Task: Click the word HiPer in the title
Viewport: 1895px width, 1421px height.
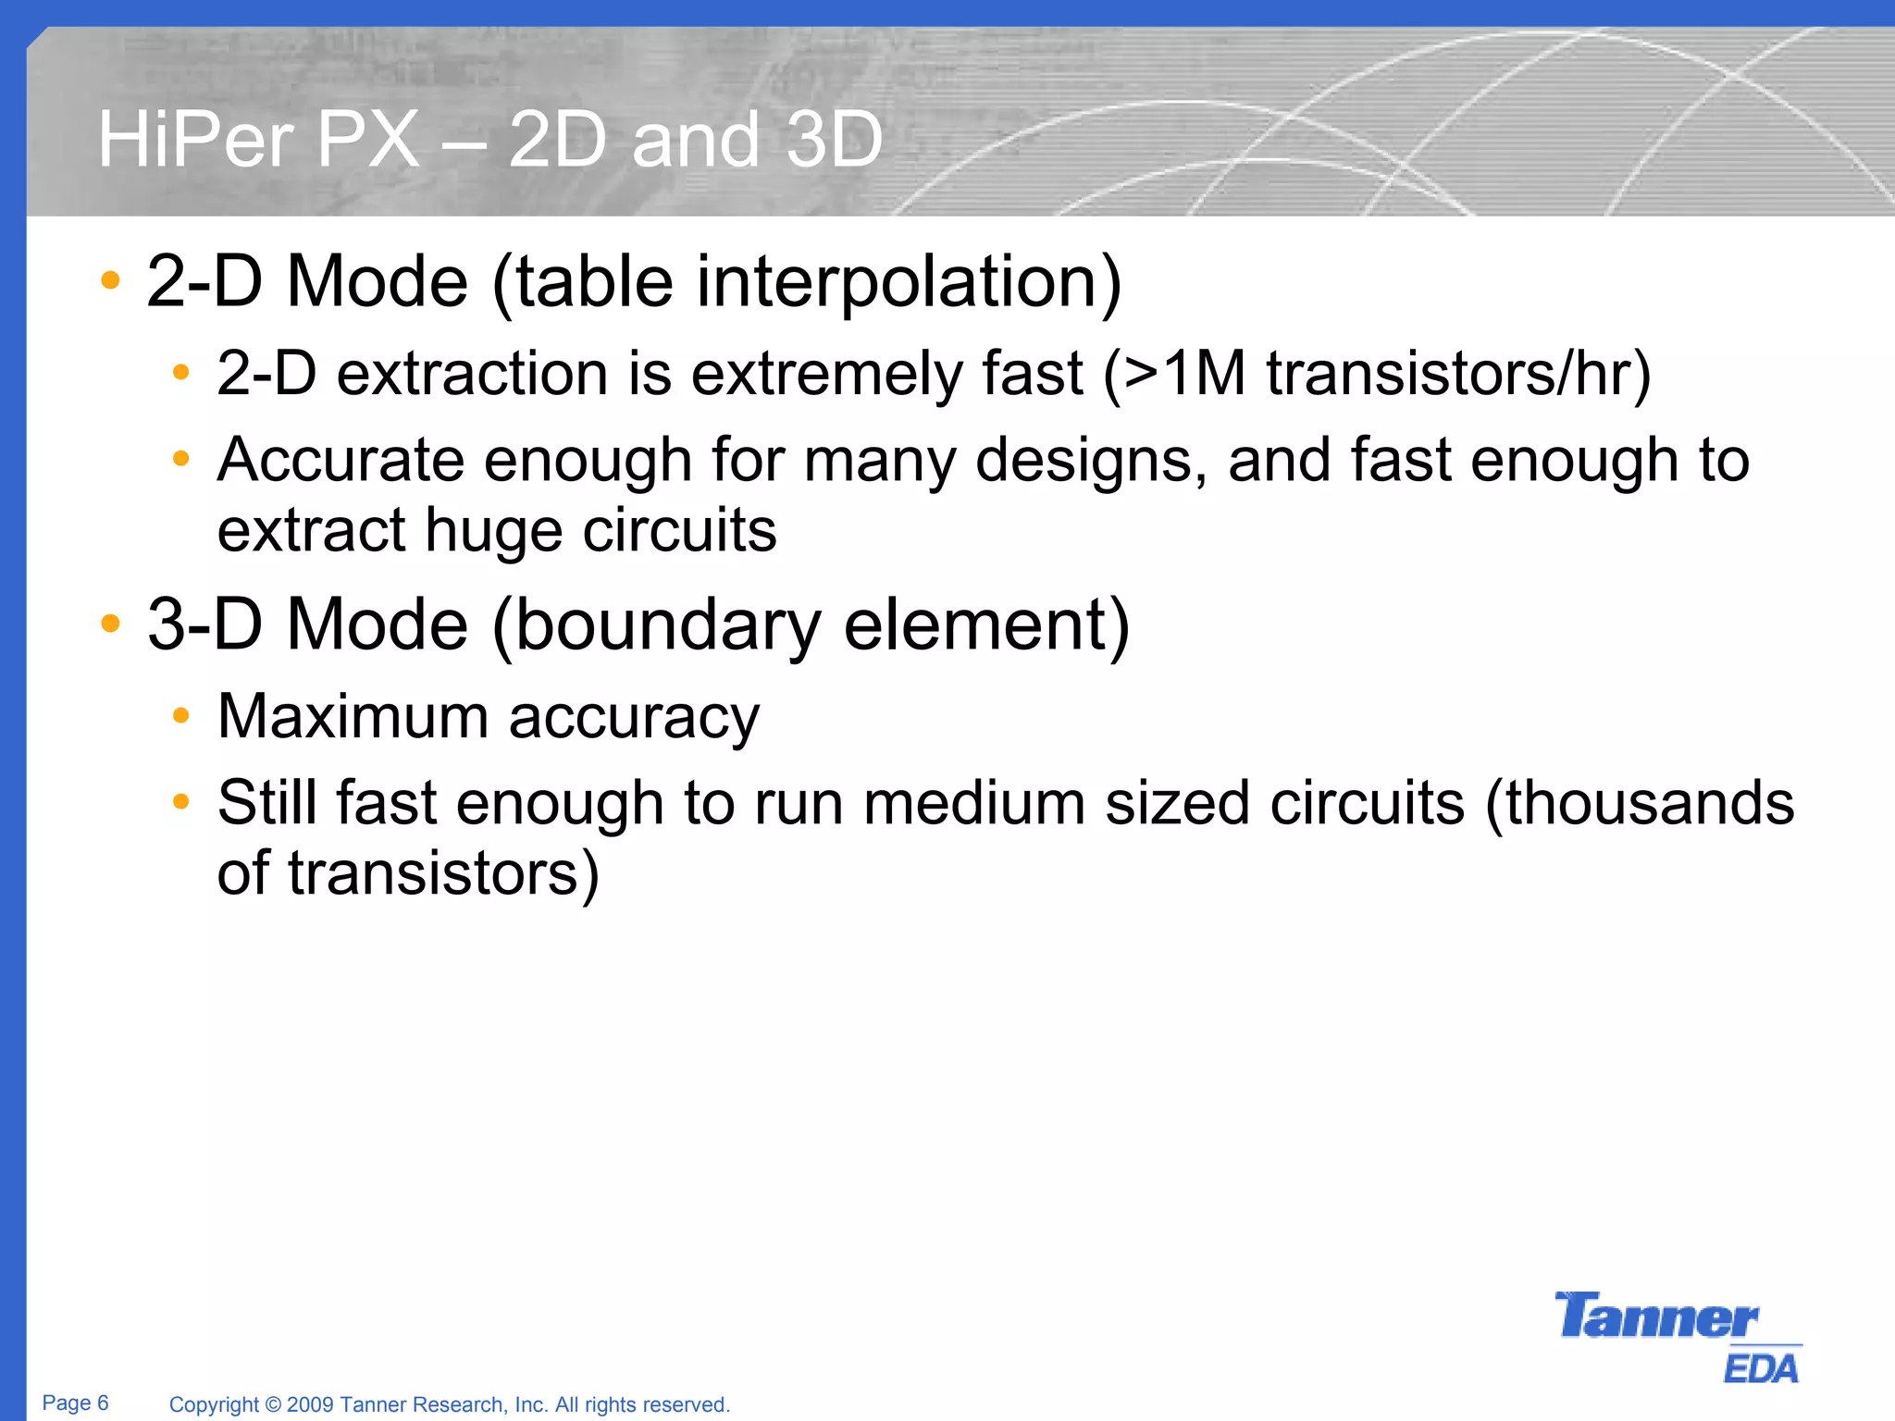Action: (195, 140)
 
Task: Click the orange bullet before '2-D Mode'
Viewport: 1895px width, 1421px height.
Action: (111, 280)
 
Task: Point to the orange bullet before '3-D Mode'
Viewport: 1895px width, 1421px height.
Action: (111, 624)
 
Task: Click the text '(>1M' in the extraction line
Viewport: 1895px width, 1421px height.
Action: (1174, 374)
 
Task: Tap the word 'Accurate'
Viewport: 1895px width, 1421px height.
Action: (341, 460)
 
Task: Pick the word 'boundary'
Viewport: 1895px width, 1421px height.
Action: (667, 625)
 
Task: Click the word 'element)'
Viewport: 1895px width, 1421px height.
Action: (986, 625)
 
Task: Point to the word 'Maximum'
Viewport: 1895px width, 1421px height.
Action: (353, 716)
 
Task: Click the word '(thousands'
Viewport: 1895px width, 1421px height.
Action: (1640, 802)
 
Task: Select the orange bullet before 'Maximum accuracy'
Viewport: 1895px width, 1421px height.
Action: (181, 715)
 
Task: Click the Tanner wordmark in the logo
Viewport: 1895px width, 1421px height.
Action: (1655, 1316)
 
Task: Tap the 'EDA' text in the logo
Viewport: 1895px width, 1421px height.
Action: (1761, 1368)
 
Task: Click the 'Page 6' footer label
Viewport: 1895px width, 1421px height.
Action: (75, 1402)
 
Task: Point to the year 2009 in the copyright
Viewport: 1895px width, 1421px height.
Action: (310, 1404)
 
